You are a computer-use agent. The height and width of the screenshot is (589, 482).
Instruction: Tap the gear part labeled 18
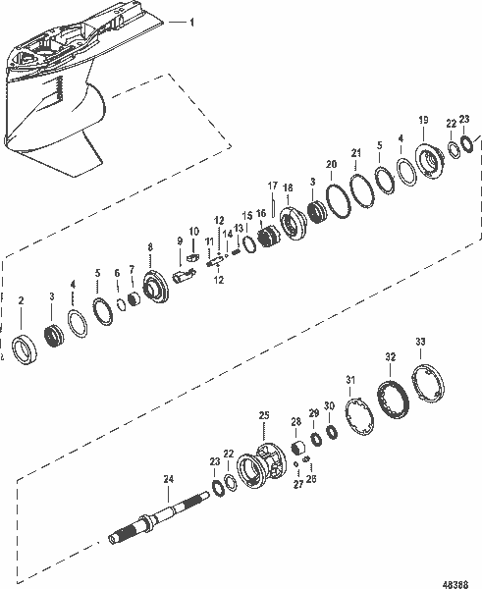[x=292, y=223]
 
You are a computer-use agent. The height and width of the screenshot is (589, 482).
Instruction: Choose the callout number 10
[x=193, y=231]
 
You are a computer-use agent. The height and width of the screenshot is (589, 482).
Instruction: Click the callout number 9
[x=179, y=241]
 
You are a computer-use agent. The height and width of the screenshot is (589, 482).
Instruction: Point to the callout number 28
[x=295, y=422]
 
